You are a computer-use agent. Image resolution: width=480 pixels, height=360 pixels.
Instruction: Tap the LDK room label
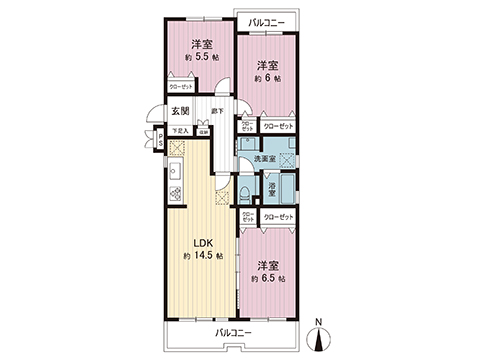(200, 242)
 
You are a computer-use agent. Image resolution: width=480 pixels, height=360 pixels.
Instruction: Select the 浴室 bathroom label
(271, 187)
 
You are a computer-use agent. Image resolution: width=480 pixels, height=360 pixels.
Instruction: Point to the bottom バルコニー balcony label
(233, 332)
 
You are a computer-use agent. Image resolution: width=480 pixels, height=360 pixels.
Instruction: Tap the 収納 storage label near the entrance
(202, 130)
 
